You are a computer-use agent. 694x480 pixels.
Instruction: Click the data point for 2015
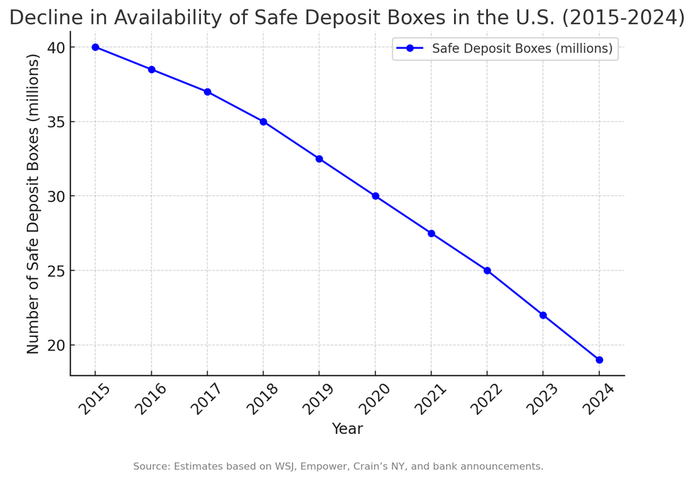[95, 47]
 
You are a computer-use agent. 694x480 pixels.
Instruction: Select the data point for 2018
[263, 122]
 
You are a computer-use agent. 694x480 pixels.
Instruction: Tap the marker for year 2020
[375, 196]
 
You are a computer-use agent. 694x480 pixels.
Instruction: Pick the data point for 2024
[599, 360]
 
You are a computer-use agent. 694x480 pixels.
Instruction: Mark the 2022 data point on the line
[487, 270]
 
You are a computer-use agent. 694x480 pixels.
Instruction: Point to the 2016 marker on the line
[152, 69]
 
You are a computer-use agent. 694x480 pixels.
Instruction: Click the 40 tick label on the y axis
[57, 47]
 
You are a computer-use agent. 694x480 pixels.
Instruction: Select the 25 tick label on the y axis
[57, 271]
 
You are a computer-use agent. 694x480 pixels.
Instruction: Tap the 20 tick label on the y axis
[57, 345]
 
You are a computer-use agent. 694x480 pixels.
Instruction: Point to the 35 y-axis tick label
[57, 122]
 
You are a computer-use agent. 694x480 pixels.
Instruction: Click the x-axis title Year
[347, 429]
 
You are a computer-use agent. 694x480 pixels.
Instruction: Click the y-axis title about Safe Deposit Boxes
[33, 204]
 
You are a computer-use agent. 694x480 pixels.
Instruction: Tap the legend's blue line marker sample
[409, 49]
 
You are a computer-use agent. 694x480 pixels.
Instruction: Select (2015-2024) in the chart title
[623, 18]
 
